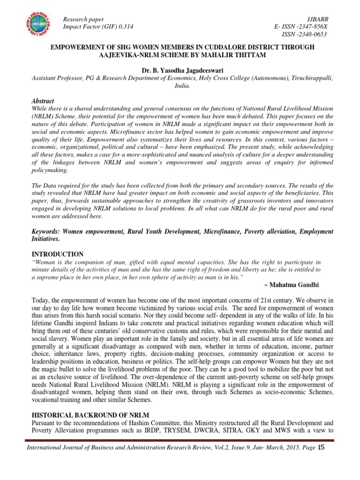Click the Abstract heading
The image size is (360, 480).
[43, 101]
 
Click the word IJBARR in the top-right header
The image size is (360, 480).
[317, 19]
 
